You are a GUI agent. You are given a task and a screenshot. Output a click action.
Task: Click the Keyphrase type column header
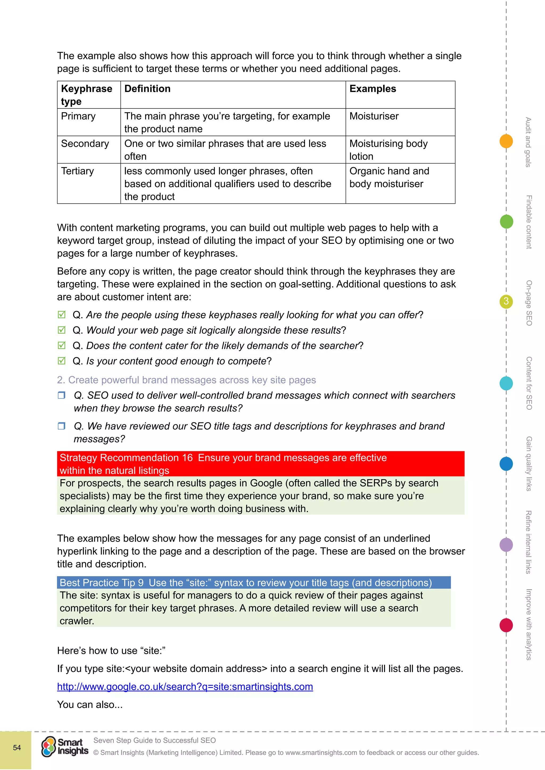(86, 95)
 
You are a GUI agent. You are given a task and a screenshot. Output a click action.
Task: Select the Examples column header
(373, 89)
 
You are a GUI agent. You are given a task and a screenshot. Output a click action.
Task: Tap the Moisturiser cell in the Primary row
(374, 116)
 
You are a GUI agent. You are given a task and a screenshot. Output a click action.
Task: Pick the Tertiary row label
(77, 171)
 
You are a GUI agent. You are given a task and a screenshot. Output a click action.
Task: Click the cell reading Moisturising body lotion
(388, 150)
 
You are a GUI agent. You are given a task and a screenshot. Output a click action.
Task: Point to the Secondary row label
(85, 144)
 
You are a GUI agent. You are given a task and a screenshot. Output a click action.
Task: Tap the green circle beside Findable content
(506, 222)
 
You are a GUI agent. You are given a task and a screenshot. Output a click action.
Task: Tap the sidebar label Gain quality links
(529, 463)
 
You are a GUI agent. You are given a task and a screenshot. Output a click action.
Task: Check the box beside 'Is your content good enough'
(61, 361)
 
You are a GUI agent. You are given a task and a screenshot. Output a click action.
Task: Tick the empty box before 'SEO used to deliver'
(61, 395)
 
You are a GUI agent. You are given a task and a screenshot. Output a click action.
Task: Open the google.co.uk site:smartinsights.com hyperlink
(185, 687)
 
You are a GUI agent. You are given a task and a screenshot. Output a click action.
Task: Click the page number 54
(17, 747)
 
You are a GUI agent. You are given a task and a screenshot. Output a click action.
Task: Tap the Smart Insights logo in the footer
(64, 747)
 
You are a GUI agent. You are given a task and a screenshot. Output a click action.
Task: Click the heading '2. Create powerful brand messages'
(186, 380)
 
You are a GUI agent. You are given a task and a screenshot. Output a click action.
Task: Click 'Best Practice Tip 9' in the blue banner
(101, 583)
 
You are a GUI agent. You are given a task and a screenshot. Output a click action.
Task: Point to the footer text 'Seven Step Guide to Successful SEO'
(154, 740)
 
